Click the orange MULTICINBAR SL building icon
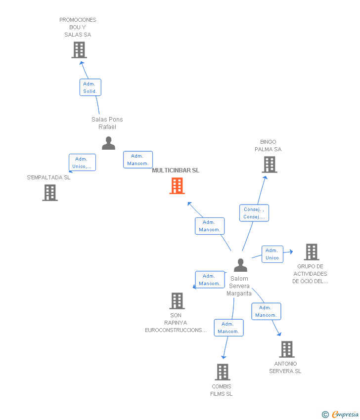177,186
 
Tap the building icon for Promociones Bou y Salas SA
79,50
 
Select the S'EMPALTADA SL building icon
50,193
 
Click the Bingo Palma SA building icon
270,165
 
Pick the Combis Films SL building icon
223,372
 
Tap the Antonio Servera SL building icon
286,349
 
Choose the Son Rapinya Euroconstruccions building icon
177,300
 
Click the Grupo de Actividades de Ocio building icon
311,252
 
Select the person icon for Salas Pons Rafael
108,143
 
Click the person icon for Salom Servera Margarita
240,265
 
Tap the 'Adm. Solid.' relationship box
90,87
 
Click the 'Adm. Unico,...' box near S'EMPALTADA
82,163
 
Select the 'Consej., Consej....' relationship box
254,213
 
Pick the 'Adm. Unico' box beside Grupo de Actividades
272,254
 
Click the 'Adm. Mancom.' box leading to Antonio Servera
266,311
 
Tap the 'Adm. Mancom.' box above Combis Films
228,328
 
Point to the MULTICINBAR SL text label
176,170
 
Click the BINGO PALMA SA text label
268,146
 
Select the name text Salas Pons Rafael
107,123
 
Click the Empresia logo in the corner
341,414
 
